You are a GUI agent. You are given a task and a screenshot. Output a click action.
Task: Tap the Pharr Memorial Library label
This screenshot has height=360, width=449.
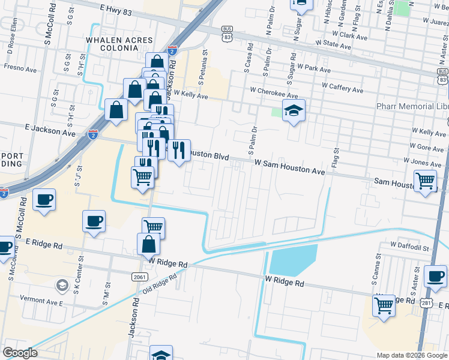pos(412,106)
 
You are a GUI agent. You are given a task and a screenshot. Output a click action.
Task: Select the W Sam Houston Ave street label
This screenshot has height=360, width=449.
pos(289,167)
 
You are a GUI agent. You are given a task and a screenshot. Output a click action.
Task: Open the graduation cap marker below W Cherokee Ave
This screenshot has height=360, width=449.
pos(294,111)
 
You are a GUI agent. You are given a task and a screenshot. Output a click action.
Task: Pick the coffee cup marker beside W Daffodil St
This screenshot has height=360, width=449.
pos(435,276)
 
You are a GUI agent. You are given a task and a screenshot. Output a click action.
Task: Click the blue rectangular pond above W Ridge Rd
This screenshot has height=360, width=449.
pos(294,260)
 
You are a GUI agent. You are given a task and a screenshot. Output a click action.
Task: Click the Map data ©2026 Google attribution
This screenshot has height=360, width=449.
pos(411,355)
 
